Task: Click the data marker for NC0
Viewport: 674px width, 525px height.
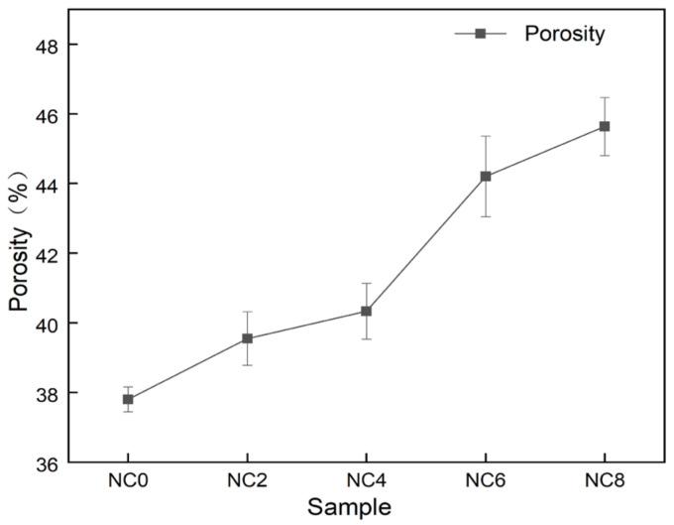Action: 128,399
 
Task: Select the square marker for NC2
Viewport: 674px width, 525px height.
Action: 247,338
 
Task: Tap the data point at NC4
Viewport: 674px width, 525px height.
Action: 366,311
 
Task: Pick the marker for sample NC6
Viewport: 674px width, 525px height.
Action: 486,177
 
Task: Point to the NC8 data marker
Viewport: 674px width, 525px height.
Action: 605,126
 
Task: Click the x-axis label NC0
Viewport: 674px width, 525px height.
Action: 128,481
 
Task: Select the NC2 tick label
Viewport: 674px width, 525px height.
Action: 247,481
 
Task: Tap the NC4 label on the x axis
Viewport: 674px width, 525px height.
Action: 366,481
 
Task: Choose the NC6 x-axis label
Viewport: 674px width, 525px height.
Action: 486,481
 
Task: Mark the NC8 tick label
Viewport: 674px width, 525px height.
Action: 605,481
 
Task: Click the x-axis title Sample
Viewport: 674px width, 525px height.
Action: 349,507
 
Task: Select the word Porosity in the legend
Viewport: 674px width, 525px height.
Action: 564,34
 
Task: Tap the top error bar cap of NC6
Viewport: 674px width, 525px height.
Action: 486,136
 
